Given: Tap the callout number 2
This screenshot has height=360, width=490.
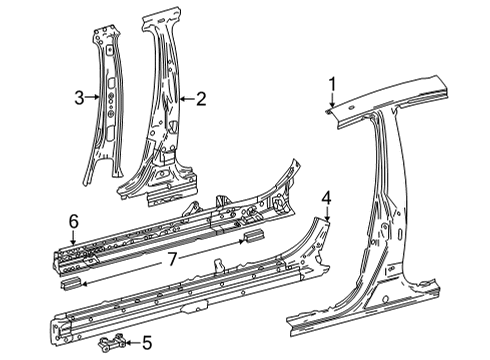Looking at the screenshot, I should [x=200, y=98].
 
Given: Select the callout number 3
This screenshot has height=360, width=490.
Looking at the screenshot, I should [x=79, y=98].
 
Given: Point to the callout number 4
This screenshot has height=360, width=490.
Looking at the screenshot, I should [x=325, y=210].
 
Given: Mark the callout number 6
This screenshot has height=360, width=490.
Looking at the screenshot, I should [x=73, y=220].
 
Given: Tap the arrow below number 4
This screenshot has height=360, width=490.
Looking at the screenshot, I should [x=325, y=226].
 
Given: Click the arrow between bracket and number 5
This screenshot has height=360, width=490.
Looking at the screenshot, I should [x=133, y=345].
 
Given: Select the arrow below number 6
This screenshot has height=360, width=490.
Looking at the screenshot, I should [x=73, y=236].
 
